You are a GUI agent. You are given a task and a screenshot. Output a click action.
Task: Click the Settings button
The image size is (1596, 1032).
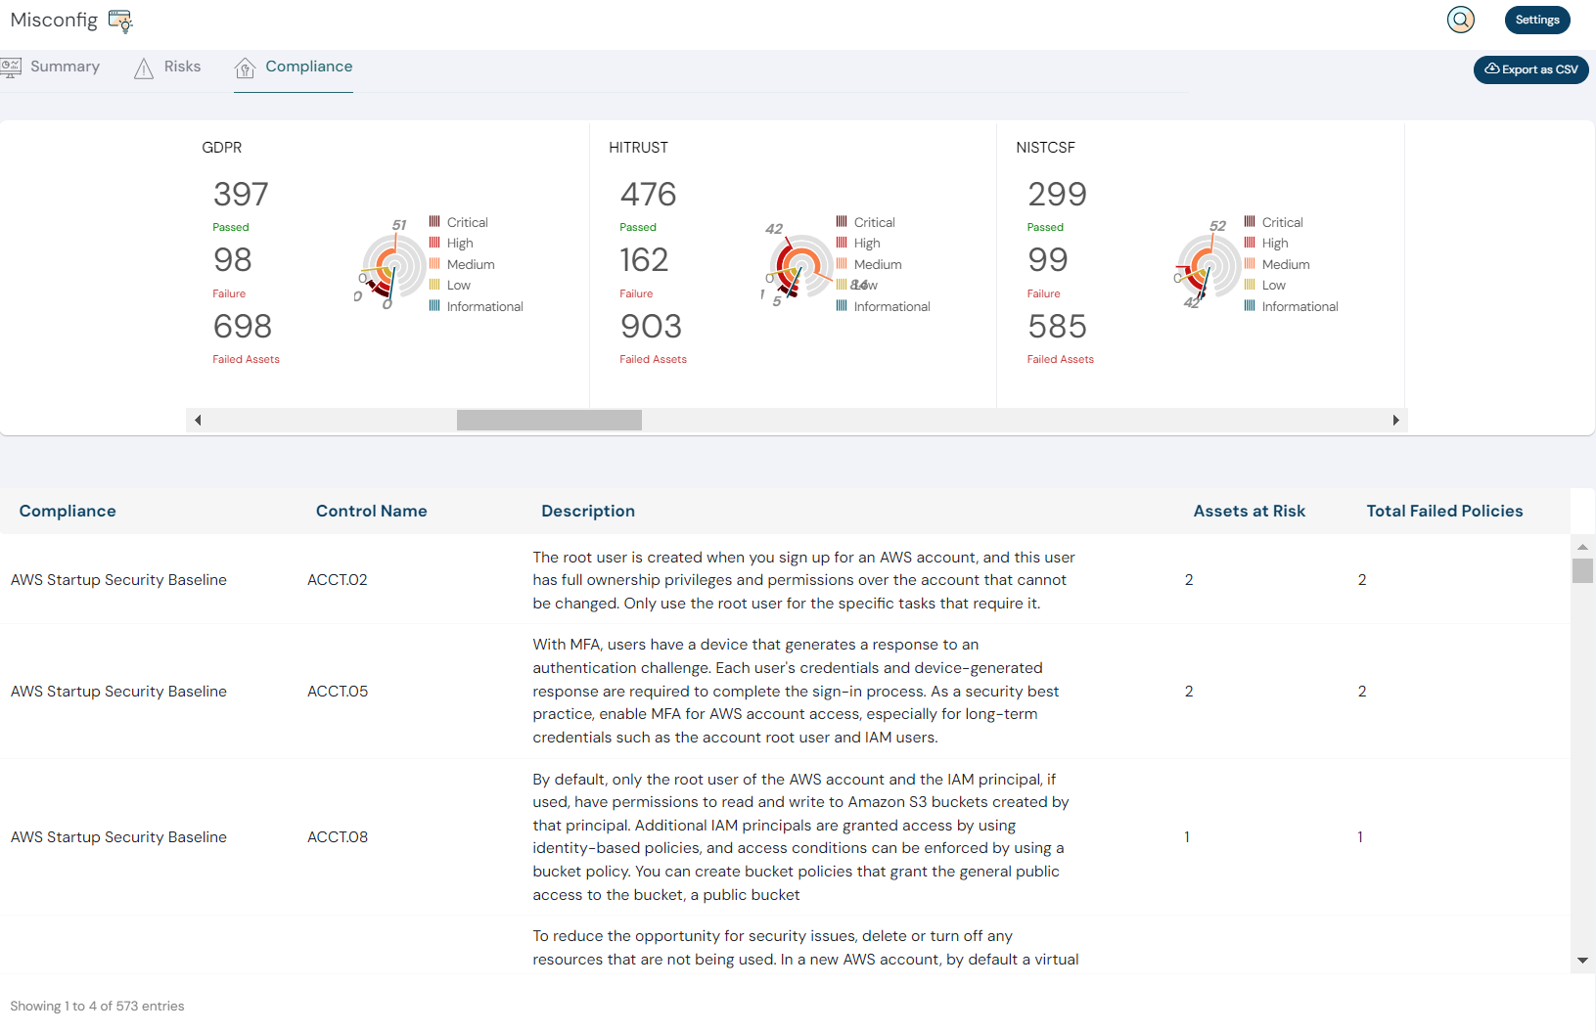[x=1536, y=20]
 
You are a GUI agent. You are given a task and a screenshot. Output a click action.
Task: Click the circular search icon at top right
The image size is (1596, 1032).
[x=1460, y=20]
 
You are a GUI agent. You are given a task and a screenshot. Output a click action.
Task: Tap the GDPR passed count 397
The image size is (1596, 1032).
[x=241, y=195]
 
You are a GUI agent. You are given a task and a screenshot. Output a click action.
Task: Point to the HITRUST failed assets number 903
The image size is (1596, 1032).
[x=651, y=327]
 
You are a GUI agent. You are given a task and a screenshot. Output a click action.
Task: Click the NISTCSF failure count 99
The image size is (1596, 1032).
[x=1047, y=260]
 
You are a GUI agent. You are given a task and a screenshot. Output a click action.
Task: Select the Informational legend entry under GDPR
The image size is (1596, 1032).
[x=484, y=306]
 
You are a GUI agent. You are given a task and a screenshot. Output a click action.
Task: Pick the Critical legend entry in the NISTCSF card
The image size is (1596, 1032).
[x=1282, y=222]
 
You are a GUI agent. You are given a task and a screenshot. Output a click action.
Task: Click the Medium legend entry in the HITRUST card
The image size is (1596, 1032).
[x=877, y=264]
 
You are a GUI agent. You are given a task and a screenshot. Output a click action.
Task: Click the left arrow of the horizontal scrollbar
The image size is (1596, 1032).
[x=198, y=421]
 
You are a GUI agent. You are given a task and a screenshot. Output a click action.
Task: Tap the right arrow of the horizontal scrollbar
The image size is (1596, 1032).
[x=1395, y=421]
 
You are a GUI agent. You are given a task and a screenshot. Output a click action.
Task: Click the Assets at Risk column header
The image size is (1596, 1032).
[x=1249, y=511]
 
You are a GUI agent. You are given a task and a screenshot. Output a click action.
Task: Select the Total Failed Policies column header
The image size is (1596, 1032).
[x=1444, y=511]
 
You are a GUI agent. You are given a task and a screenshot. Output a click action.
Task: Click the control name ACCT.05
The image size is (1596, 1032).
[x=338, y=692]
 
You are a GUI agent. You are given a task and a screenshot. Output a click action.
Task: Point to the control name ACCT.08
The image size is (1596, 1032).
[x=338, y=837]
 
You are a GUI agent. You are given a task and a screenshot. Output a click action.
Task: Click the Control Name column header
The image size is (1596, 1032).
[x=371, y=511]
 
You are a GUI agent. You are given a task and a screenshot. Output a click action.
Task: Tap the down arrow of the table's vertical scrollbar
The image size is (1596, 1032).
[x=1582, y=962]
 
